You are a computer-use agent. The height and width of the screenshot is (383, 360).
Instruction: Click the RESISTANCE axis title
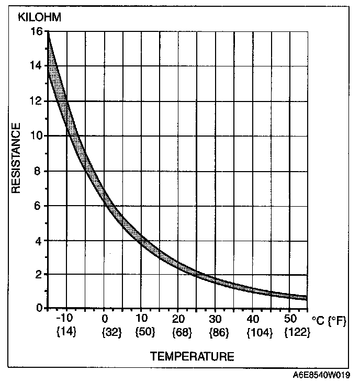(x=16, y=158)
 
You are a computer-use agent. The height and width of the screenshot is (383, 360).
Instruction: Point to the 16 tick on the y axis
(x=36, y=32)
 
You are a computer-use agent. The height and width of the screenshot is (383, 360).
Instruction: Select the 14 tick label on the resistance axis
(x=36, y=66)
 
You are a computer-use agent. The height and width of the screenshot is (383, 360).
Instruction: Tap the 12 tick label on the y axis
(x=36, y=101)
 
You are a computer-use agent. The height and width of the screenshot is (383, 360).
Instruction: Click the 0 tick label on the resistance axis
(x=39, y=308)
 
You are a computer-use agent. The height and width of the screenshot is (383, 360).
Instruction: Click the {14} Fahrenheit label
(x=66, y=332)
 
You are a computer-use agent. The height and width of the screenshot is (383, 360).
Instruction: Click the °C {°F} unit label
(x=329, y=320)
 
